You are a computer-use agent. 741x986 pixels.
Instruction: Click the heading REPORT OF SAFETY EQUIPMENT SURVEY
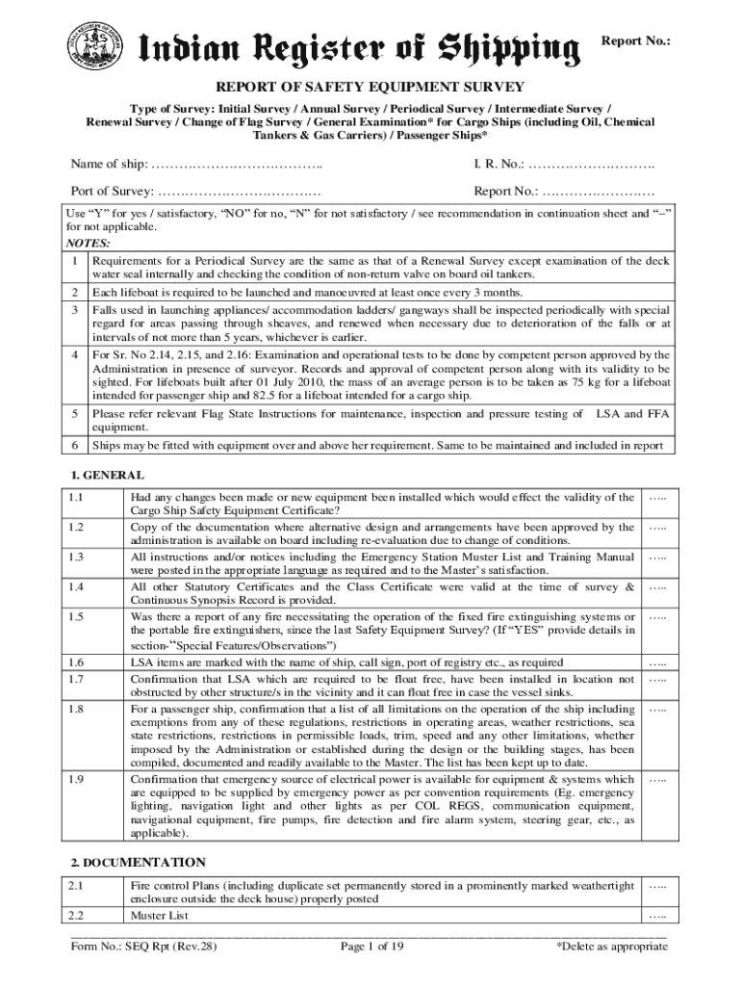tap(370, 86)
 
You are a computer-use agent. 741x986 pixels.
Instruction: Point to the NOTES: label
tap(88, 244)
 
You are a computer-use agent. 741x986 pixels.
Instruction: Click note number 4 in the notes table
tap(75, 356)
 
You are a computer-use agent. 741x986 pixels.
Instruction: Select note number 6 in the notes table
tap(75, 446)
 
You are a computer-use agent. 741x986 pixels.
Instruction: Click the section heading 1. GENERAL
tap(108, 475)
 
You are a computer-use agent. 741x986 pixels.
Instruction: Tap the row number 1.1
tap(77, 497)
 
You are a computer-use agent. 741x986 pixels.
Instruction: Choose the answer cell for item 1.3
tap(658, 558)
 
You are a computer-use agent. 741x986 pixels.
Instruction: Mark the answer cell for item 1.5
tap(658, 616)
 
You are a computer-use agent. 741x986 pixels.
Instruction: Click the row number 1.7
tap(77, 679)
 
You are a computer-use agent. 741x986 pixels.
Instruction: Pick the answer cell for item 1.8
tap(658, 710)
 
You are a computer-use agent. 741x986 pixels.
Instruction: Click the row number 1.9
tap(77, 779)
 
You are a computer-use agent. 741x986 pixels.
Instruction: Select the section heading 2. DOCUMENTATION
tap(138, 861)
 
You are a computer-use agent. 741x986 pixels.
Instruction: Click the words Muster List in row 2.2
tap(160, 915)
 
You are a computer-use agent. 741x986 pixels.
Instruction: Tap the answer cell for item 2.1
tap(658, 885)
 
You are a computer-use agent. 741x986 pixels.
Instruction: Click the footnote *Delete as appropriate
tap(612, 947)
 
